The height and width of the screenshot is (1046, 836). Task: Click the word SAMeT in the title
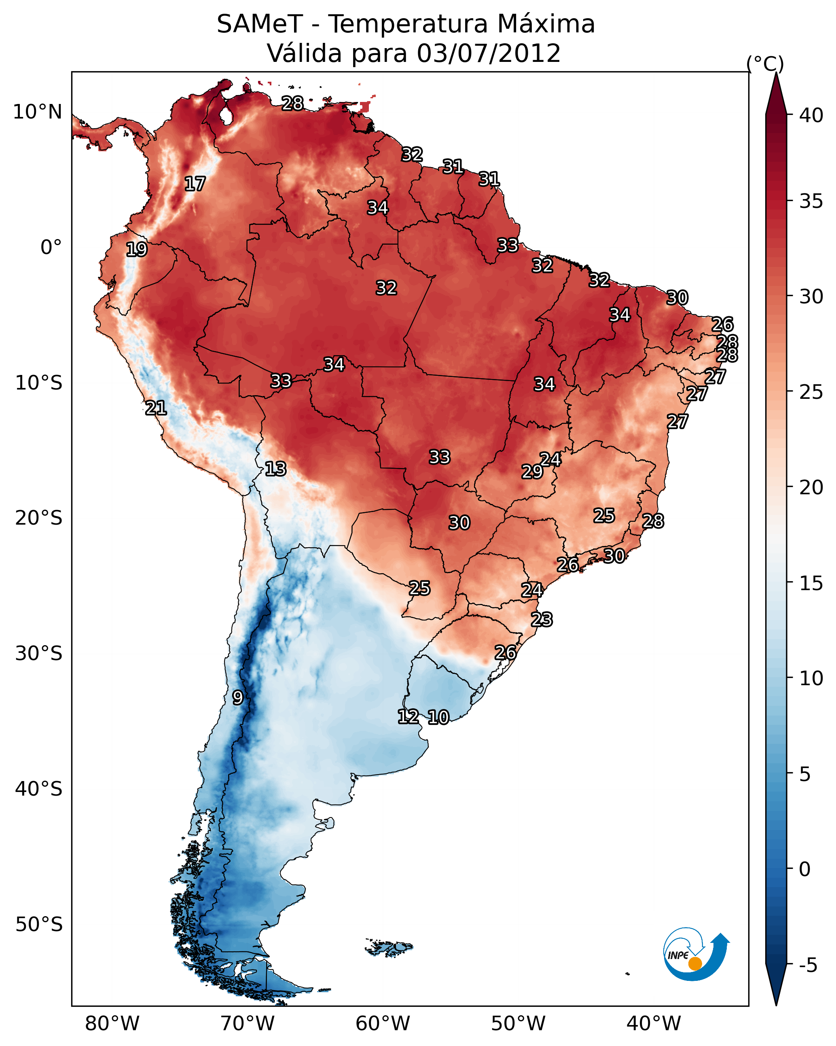pyautogui.click(x=260, y=24)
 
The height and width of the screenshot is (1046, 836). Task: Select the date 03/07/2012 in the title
pyautogui.click(x=488, y=53)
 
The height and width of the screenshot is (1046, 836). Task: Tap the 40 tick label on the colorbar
pyautogui.click(x=811, y=115)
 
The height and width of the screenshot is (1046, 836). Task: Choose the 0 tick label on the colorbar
pyautogui.click(x=804, y=869)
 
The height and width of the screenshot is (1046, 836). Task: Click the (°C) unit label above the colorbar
pyautogui.click(x=765, y=64)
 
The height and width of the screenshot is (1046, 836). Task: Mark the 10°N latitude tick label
pyautogui.click(x=37, y=112)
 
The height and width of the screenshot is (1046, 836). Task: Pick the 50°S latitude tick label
pyautogui.click(x=39, y=925)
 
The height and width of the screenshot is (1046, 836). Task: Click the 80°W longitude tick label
pyautogui.click(x=112, y=1024)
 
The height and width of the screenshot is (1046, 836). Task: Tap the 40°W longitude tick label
pyautogui.click(x=654, y=1024)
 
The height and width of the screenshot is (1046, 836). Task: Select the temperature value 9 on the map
pyautogui.click(x=237, y=698)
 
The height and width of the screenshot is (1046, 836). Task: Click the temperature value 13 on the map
pyautogui.click(x=275, y=469)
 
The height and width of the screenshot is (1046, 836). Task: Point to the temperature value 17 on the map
pyautogui.click(x=195, y=184)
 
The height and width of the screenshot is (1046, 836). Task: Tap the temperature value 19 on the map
pyautogui.click(x=136, y=250)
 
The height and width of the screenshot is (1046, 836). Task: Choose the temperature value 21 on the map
pyautogui.click(x=156, y=408)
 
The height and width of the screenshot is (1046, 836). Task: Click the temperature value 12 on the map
pyautogui.click(x=408, y=717)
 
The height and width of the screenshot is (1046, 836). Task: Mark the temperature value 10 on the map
pyautogui.click(x=438, y=718)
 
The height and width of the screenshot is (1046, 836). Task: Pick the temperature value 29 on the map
pyautogui.click(x=532, y=472)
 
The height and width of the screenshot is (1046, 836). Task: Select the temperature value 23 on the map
pyautogui.click(x=542, y=620)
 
